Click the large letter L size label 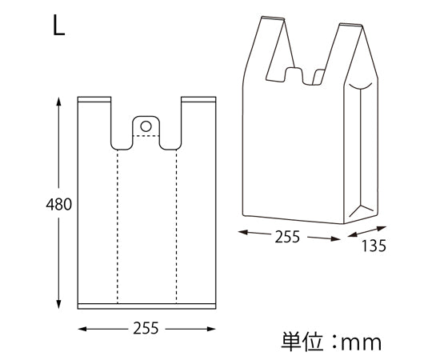click(x=59, y=26)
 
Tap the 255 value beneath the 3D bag click(x=286, y=237)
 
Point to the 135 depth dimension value click(x=374, y=246)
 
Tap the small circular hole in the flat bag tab click(x=146, y=126)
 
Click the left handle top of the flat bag click(x=94, y=101)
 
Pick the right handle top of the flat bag click(x=198, y=101)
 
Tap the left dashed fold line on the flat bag click(x=118, y=224)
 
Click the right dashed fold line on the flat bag click(x=174, y=224)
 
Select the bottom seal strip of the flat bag click(x=146, y=306)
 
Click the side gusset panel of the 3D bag click(x=362, y=152)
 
